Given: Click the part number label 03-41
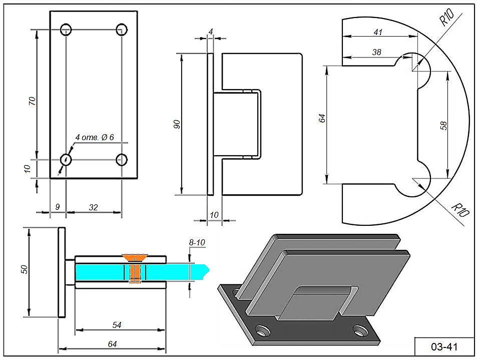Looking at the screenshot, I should (444, 347).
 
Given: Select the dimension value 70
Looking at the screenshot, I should (32, 101).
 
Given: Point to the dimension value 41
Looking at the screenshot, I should (378, 32).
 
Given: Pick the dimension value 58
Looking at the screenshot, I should (443, 126).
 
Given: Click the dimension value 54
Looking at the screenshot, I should (117, 325).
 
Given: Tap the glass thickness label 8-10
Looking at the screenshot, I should (197, 242).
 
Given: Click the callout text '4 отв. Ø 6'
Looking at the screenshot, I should (95, 137).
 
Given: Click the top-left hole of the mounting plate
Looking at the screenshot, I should (66, 30).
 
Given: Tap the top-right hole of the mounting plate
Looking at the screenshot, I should (122, 30).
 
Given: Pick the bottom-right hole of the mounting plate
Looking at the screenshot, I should (122, 159).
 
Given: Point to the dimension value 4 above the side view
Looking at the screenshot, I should (211, 32).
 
